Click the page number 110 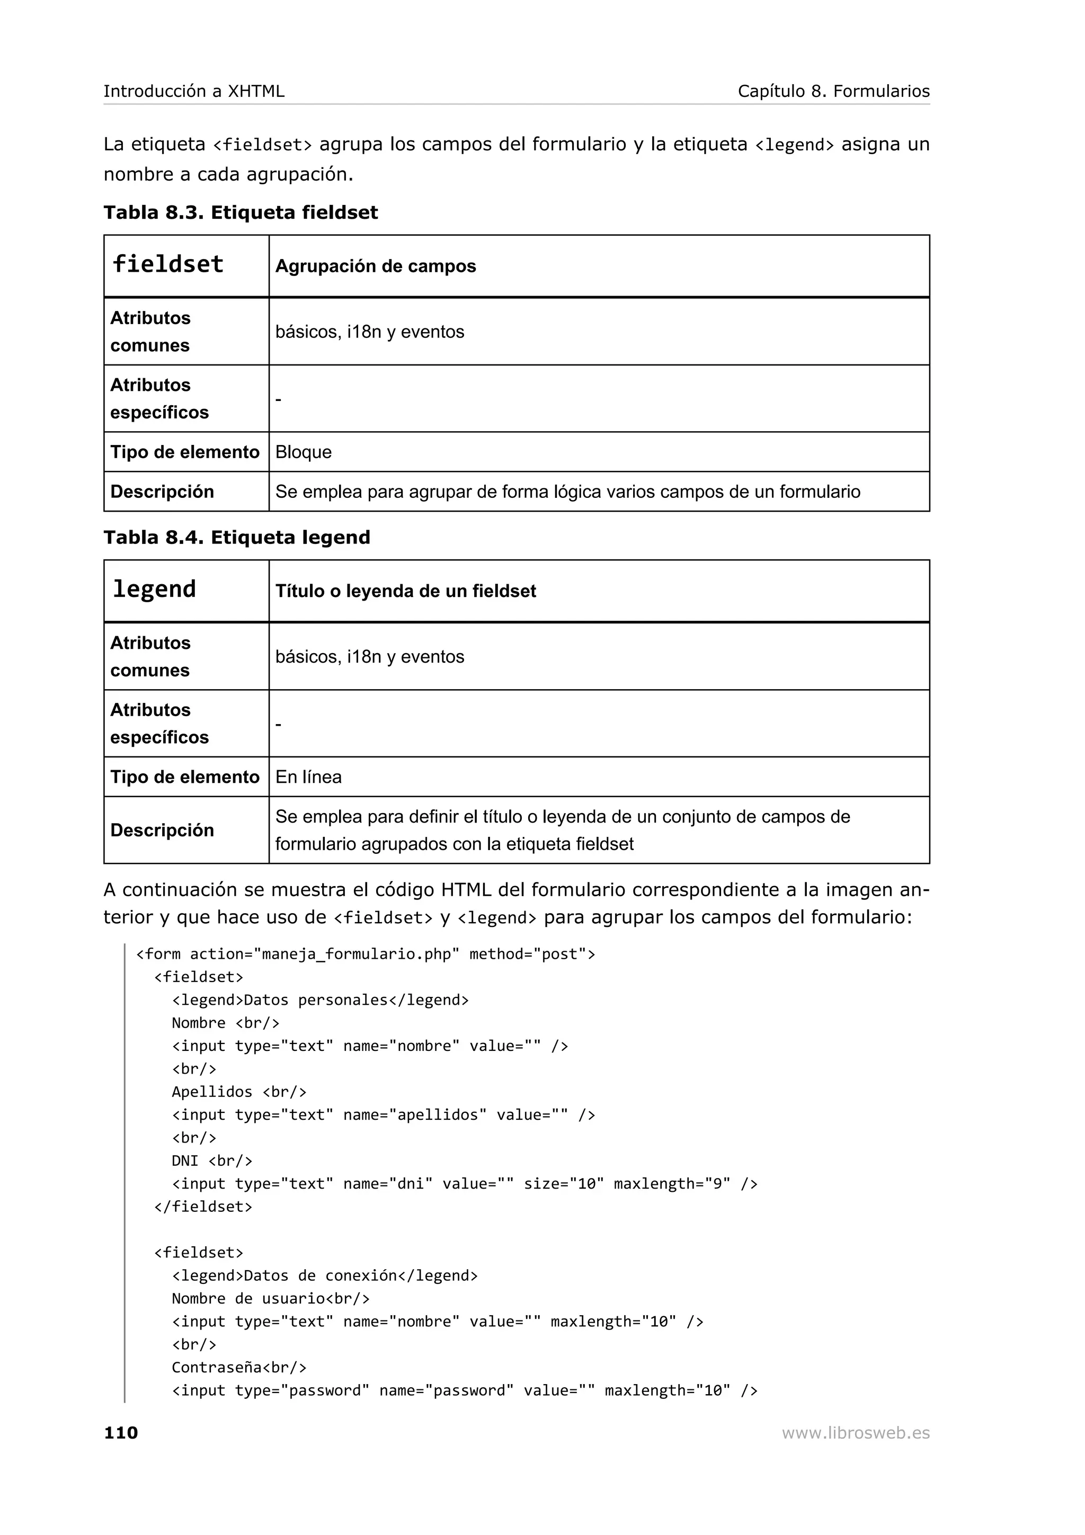pos(121,1432)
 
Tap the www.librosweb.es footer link pos(855,1432)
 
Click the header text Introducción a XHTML pos(194,91)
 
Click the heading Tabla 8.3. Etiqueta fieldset pos(241,212)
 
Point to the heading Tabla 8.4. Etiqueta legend pos(237,538)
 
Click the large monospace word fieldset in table pos(168,264)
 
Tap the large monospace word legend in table pos(154,589)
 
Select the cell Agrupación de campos pos(375,266)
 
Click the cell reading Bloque pos(304,452)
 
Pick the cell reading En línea pos(308,777)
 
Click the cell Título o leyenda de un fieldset pos(405,591)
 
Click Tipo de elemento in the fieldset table pos(184,452)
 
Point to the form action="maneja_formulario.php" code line pos(365,954)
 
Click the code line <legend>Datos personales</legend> pos(320,1000)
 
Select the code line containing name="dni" pos(464,1184)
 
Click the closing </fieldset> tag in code pos(203,1207)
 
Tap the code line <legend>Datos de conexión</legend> pos(325,1275)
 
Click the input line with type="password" pos(464,1390)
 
